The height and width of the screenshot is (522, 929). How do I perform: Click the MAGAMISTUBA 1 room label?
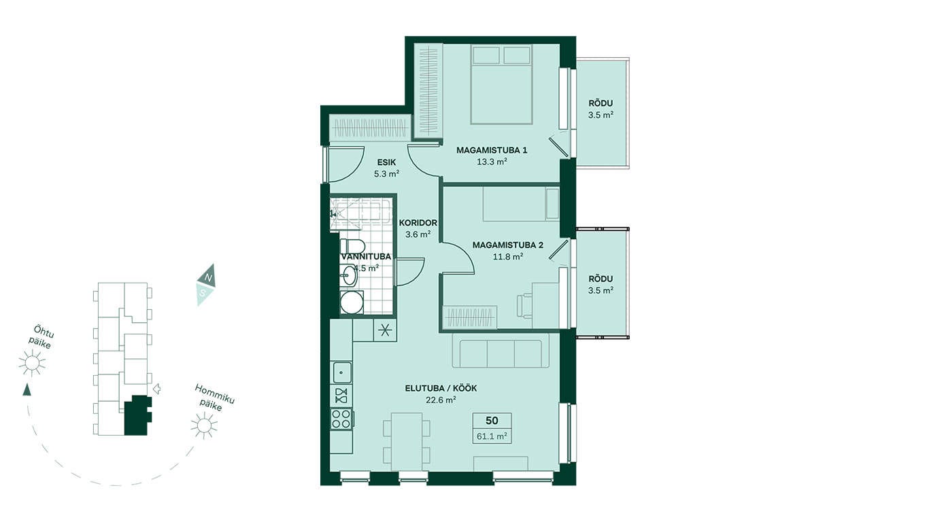pos(492,150)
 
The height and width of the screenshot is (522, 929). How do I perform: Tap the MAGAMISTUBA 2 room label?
pos(507,245)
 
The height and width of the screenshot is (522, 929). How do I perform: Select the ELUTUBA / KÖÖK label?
pos(441,389)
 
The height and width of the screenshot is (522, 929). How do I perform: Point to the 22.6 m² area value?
pos(441,400)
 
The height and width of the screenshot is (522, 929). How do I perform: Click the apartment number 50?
pos(492,421)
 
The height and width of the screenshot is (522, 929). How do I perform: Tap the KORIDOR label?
pos(418,223)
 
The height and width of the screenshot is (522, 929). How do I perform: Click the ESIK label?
pos(386,162)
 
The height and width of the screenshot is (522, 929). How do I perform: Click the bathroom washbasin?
pos(348,276)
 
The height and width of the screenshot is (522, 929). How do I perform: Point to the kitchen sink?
pos(341,372)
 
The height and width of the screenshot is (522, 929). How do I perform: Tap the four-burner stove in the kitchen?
pos(341,419)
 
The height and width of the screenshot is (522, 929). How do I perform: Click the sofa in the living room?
pos(500,353)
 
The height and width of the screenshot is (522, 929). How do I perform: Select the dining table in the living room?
pos(407,441)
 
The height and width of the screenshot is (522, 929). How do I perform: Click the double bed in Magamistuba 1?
pos(501,84)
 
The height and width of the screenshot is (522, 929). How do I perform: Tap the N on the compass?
pos(209,277)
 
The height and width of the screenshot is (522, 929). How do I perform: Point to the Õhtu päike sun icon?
pos(32,363)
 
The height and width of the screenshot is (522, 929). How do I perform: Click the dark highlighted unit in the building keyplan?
pos(137,415)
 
